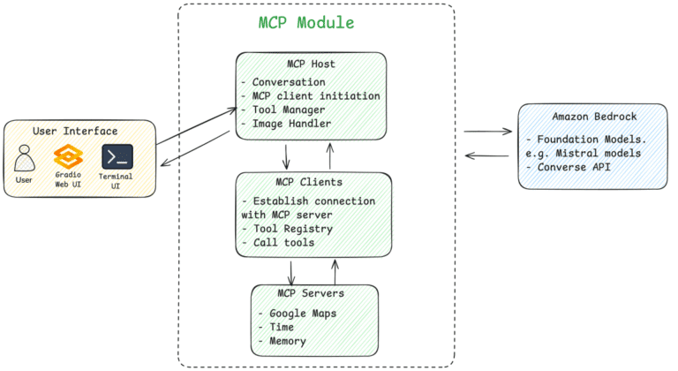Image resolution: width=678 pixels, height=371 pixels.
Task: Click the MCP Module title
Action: (x=306, y=23)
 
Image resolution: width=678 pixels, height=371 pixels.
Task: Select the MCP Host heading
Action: (x=311, y=64)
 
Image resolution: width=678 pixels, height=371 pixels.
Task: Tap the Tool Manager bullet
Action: (x=283, y=110)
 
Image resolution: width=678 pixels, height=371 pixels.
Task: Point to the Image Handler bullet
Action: (x=287, y=124)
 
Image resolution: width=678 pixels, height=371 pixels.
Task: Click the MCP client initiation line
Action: (x=311, y=95)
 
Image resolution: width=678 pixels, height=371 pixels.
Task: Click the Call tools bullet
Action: (x=281, y=242)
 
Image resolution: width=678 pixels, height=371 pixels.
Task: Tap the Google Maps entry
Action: (x=298, y=314)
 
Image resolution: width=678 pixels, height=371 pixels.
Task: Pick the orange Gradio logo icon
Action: (x=68, y=157)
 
